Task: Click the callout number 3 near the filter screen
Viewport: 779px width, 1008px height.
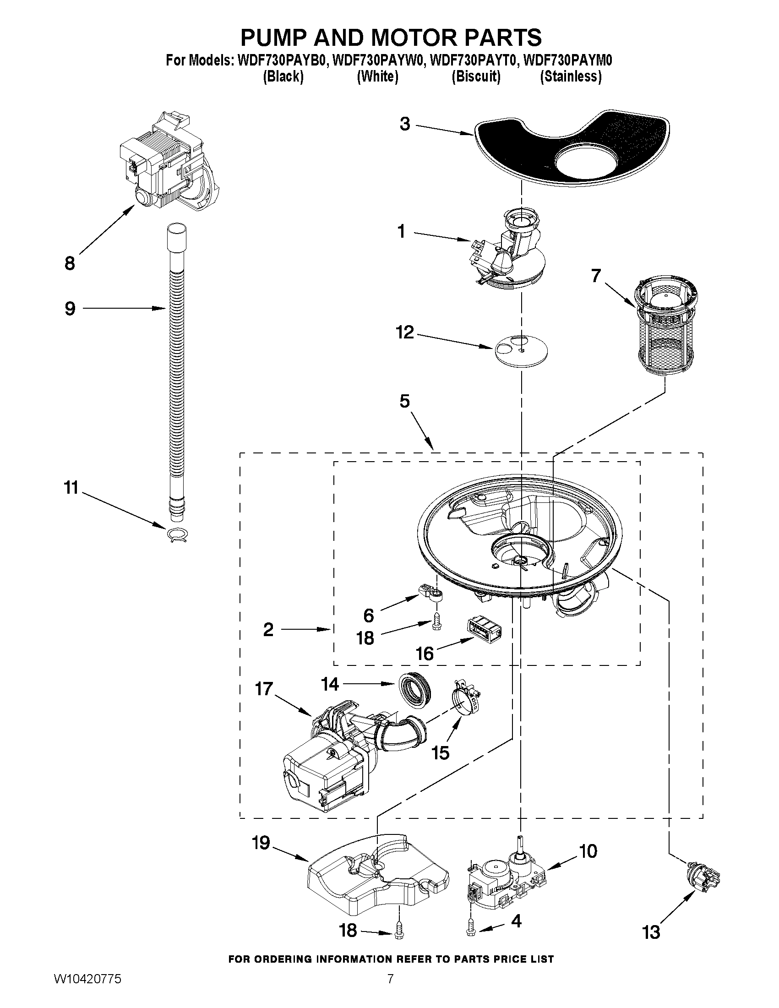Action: coord(405,124)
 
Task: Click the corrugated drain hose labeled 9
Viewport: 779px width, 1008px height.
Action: coord(175,351)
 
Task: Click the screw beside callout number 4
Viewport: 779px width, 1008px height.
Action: coord(470,925)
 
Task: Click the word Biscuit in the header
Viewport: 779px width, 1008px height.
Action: coord(476,76)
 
